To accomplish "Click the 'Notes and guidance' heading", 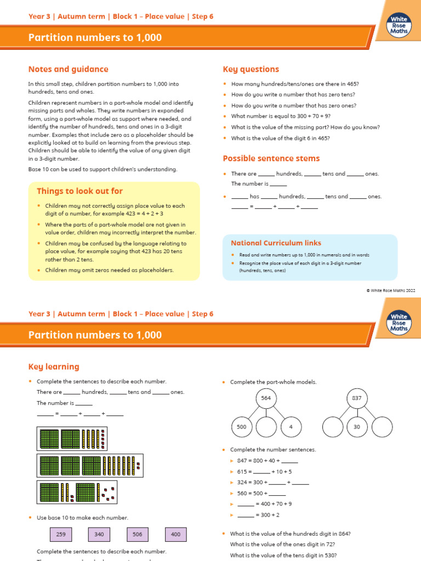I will [68, 70].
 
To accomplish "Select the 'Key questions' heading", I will [251, 70].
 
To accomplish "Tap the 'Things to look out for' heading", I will [79, 191].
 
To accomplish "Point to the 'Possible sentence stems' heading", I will [271, 158].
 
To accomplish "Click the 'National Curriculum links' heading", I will [276, 243].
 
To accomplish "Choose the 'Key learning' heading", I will [54, 367].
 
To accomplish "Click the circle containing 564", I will [266, 398].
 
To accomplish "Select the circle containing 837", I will [357, 398].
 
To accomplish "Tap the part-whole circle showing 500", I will [242, 427].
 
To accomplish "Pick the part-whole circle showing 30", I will [357, 427].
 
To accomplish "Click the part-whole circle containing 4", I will [291, 427].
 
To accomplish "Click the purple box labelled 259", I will [61, 534].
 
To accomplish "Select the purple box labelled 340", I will [99, 534].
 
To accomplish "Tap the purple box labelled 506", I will [138, 534].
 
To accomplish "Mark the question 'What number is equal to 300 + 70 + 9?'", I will [281, 116].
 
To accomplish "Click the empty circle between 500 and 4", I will [266, 427].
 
